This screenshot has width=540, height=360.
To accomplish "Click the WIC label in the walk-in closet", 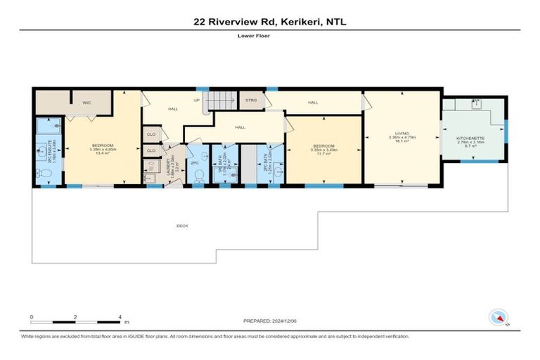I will (86, 103).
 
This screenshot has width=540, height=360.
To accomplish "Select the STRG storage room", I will (251, 101).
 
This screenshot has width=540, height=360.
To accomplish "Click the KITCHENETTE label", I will (470, 137).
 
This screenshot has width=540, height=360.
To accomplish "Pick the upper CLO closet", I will (150, 133).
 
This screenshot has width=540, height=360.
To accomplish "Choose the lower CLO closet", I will (150, 150).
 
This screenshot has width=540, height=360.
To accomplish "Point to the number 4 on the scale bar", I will (120, 318).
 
